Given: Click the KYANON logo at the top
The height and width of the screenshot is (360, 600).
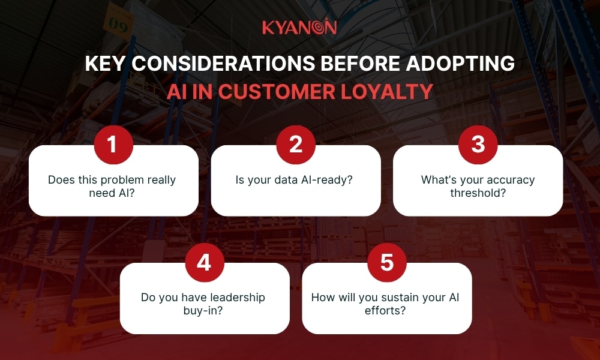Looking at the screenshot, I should coord(299,28).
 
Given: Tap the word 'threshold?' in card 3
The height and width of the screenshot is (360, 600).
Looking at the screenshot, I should coord(478,193).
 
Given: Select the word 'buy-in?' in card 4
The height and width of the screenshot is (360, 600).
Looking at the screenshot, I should coord(205,311).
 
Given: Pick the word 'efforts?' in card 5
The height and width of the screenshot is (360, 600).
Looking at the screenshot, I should coord(387,311).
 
